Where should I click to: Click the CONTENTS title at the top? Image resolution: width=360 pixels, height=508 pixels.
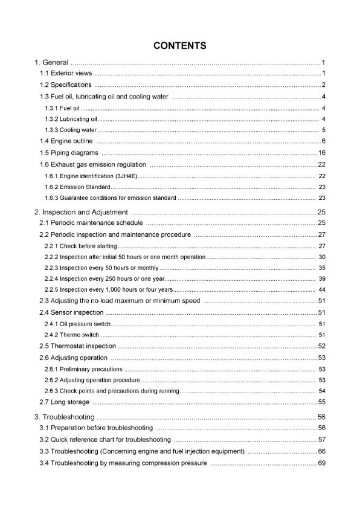point(180,45)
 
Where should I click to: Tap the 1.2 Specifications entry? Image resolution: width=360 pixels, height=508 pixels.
point(66,85)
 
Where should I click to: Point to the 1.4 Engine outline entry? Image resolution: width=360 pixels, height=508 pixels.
point(66,141)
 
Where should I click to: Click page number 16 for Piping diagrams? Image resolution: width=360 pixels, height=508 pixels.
point(322,152)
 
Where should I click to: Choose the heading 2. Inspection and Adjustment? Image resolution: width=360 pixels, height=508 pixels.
point(81,212)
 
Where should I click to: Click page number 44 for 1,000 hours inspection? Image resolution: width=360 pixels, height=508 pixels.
point(322,289)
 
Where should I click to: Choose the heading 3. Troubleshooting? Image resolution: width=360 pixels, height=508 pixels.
point(64,417)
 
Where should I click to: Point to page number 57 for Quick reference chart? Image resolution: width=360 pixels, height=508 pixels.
point(322,439)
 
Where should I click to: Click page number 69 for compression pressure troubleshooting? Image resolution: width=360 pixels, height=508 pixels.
point(322,463)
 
